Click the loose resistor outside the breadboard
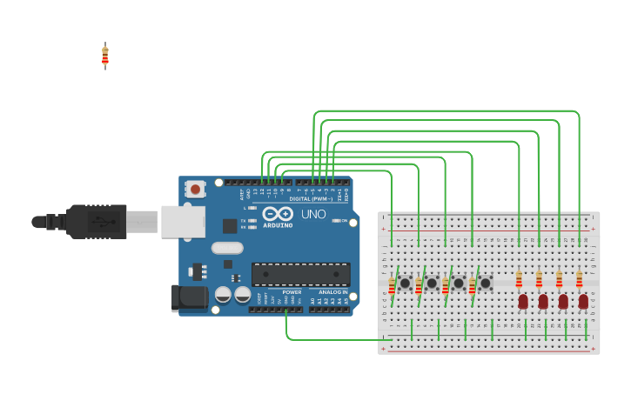[105, 56]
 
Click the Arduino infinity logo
[277, 215]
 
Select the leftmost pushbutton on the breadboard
[405, 284]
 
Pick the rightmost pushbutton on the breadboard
[486, 284]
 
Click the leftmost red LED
[523, 302]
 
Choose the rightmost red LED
[583, 302]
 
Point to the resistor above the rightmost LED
[579, 279]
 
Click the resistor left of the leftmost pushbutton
[392, 286]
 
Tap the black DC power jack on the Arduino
[190, 298]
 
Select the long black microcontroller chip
[301, 274]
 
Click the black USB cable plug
[96, 222]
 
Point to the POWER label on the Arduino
[291, 292]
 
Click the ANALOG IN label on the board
[332, 292]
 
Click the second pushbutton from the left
[432, 284]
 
